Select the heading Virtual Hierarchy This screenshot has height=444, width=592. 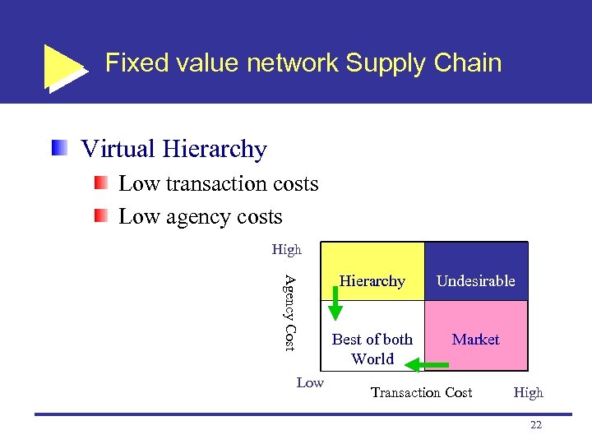(173, 149)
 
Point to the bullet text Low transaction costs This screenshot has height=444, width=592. (218, 183)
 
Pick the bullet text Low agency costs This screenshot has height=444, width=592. (200, 217)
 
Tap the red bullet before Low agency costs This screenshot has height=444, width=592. (100, 216)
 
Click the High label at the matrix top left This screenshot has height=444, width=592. (287, 249)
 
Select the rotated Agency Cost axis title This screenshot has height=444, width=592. (289, 312)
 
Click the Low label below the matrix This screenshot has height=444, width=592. (310, 382)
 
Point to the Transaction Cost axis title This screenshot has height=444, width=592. (421, 392)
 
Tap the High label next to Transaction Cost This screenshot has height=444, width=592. (528, 392)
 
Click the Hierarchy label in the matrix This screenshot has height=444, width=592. (372, 281)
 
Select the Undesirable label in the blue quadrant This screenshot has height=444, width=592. (475, 281)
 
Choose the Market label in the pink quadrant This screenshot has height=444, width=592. (475, 339)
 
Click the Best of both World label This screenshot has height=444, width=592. (372, 349)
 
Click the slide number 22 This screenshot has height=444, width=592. (536, 424)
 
